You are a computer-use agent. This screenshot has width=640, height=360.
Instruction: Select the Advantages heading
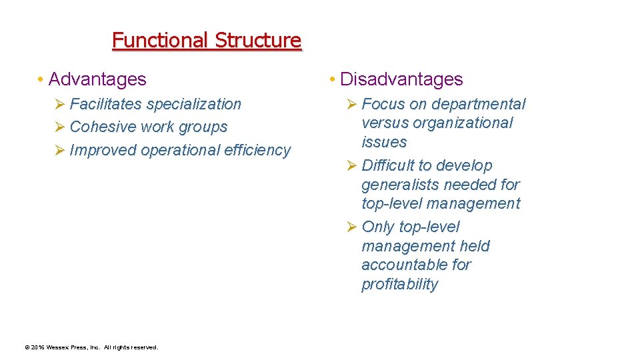pos(97,79)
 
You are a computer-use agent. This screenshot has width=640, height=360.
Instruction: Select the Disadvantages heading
pos(401,79)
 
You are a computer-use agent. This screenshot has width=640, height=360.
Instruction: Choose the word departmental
pos(479,104)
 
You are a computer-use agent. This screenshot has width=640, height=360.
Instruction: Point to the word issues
pos(384,142)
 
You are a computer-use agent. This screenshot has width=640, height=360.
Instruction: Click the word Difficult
pos(390,165)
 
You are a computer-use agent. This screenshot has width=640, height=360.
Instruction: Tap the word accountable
pos(405,265)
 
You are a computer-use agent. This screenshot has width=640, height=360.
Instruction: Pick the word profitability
pos(400,284)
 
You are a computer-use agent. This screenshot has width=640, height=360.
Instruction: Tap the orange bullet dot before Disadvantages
pos(332,80)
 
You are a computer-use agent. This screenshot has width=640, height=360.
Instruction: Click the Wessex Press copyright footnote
pos(91,347)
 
